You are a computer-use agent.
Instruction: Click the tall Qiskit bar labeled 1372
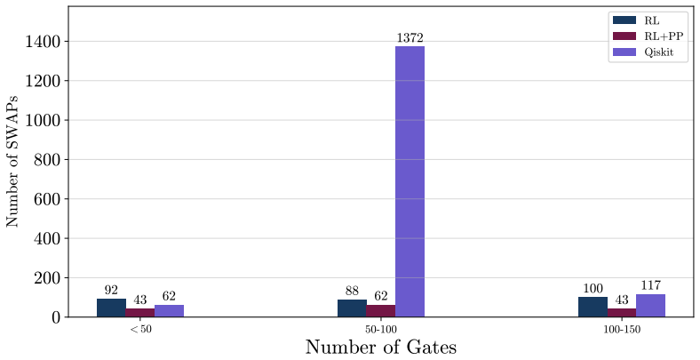(x=410, y=181)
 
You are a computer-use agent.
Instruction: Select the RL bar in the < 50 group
(x=111, y=308)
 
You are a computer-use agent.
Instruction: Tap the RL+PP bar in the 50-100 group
(x=381, y=311)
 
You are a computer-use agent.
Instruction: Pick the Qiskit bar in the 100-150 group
(x=650, y=306)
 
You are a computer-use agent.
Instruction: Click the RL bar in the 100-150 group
(x=593, y=307)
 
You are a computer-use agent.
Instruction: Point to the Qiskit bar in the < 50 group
(x=169, y=311)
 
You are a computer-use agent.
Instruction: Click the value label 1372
(x=410, y=38)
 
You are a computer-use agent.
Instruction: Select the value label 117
(x=651, y=285)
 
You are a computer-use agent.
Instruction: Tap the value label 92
(x=111, y=291)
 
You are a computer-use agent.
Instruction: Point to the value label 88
(x=352, y=292)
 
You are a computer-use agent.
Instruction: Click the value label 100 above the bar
(x=593, y=289)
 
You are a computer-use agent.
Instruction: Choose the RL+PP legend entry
(x=648, y=36)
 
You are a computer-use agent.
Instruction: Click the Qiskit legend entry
(x=643, y=52)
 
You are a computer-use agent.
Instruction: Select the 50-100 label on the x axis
(x=381, y=330)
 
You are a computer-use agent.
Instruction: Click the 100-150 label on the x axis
(x=622, y=330)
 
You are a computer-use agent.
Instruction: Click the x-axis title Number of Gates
(x=381, y=348)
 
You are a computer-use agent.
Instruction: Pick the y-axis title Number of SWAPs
(x=12, y=161)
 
